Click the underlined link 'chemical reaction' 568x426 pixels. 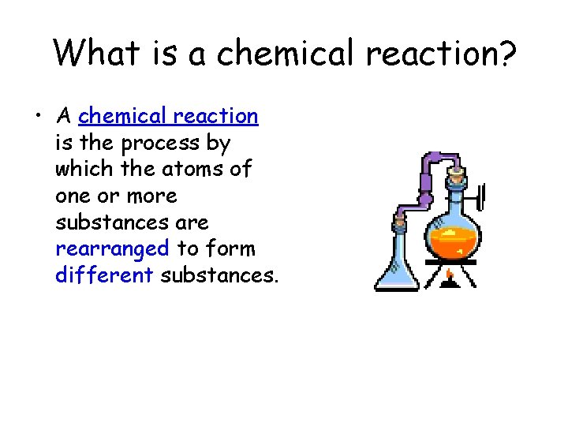(168, 116)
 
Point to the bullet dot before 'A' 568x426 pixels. (37, 118)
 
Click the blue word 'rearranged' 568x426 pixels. (112, 248)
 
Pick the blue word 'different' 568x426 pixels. (104, 275)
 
